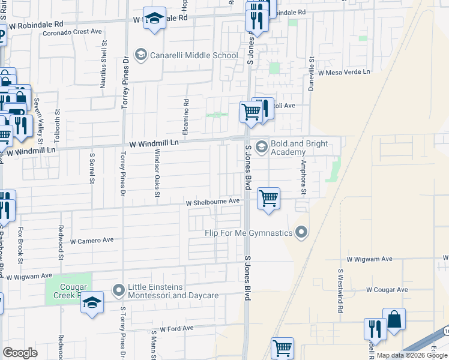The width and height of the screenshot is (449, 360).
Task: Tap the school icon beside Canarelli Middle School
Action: pyautogui.click(x=140, y=55)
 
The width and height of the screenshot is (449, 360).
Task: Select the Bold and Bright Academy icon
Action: pyautogui.click(x=261, y=146)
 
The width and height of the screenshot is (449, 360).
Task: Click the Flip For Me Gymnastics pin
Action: pyautogui.click(x=302, y=232)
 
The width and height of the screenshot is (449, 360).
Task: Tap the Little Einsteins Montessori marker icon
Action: pyautogui.click(x=118, y=291)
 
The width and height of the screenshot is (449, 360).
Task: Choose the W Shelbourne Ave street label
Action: pyautogui.click(x=212, y=202)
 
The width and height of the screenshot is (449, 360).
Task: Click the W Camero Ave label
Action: pyautogui.click(x=92, y=241)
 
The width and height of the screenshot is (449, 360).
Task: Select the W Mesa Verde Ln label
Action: pyautogui.click(x=345, y=73)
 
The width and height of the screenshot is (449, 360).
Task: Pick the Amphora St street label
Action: pyautogui.click(x=304, y=174)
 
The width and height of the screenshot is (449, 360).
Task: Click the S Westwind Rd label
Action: pyautogui.click(x=340, y=290)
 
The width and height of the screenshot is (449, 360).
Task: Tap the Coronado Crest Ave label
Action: pyautogui.click(x=72, y=31)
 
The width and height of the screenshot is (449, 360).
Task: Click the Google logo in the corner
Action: pyautogui.click(x=20, y=353)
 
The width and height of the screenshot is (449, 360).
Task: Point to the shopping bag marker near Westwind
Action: pyautogui.click(x=394, y=320)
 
